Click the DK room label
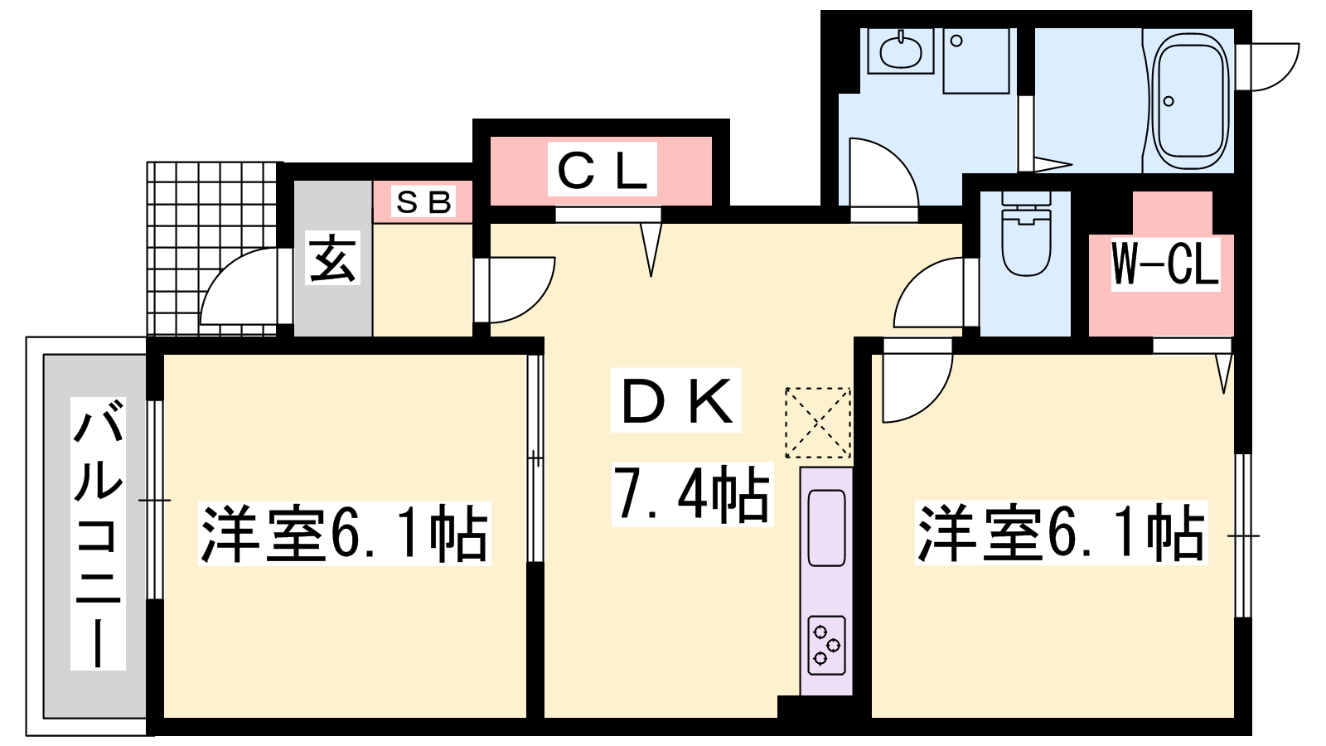[x=676, y=400]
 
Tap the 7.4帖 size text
[x=692, y=494]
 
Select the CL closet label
[x=602, y=169]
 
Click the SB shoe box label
[x=423, y=202]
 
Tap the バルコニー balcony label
[x=98, y=534]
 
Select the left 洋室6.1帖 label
[x=345, y=533]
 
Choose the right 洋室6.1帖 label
[x=1061, y=532]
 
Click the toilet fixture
[x=1026, y=233]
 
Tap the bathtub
[x=1191, y=100]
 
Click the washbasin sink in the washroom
[x=900, y=51]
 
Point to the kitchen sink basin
[x=825, y=527]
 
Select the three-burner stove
[x=825, y=646]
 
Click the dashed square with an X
[x=817, y=423]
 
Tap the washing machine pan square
[x=975, y=61]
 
